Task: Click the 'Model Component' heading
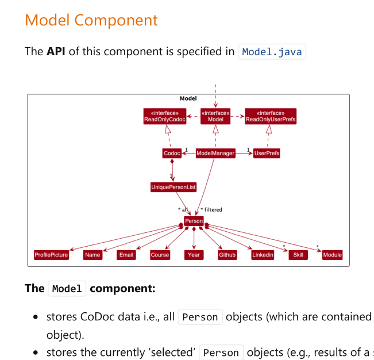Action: [91, 20]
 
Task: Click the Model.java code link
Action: [272, 52]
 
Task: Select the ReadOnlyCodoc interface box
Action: [165, 116]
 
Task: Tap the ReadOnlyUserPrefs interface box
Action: [271, 116]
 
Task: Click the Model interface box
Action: [215, 116]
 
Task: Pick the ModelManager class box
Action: [215, 154]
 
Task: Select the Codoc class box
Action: [172, 154]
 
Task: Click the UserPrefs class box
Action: [267, 154]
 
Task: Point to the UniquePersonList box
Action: [173, 187]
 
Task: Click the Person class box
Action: [194, 221]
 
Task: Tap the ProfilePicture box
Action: [51, 255]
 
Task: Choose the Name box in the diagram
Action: [92, 255]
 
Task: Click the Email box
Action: [126, 255]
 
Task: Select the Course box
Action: [160, 255]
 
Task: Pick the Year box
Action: [194, 255]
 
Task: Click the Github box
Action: [228, 255]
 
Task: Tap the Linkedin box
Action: [263, 255]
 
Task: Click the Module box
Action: [332, 255]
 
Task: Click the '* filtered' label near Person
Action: [211, 210]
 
